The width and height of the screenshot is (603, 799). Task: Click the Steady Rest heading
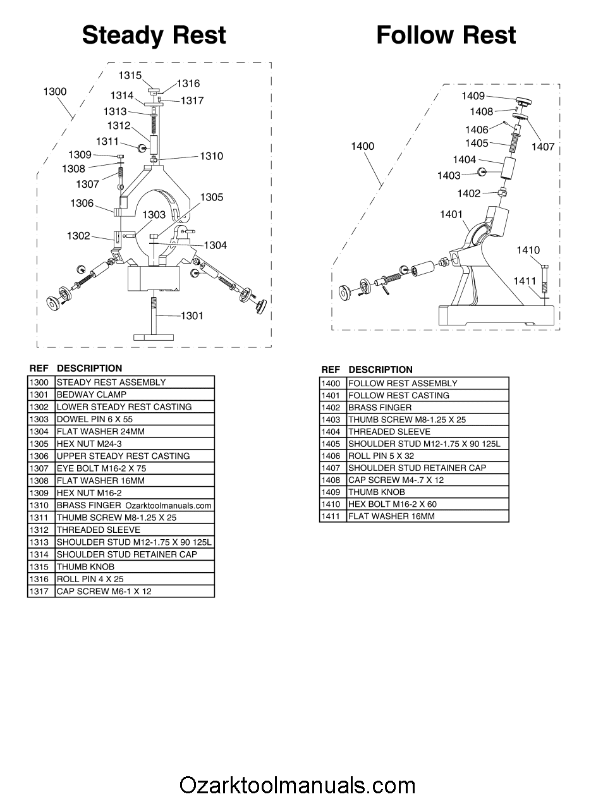154,35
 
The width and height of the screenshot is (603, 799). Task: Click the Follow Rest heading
446,35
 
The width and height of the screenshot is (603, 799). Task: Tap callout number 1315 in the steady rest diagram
130,75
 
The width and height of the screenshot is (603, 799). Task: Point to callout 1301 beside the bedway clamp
192,315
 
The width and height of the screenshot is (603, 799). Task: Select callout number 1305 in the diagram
212,197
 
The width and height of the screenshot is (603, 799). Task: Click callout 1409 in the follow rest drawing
473,96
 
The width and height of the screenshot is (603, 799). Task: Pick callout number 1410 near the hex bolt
528,250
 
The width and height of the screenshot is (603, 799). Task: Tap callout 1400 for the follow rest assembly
363,146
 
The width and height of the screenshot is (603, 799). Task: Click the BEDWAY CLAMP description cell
135,394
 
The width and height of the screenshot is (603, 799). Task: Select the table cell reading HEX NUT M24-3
135,444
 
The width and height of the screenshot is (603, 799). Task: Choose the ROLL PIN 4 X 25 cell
135,579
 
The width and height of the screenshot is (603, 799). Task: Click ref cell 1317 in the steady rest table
39,592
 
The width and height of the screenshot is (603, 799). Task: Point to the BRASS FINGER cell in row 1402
427,408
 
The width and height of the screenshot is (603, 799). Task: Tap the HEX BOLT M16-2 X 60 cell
427,504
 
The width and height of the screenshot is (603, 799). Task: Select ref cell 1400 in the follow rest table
331,383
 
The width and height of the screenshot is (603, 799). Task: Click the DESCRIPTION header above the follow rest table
381,369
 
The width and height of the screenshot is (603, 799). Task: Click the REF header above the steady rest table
39,368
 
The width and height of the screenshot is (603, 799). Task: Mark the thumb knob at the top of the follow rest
522,101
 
